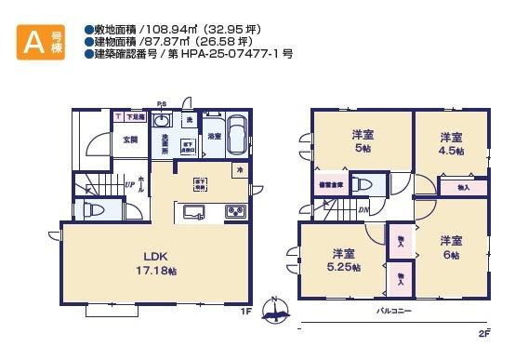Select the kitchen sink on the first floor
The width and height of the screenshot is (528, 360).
[196, 212]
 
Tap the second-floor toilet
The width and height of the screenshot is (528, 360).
[364, 183]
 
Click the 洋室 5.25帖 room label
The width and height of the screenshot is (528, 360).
[344, 260]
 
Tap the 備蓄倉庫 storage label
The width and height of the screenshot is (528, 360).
[329, 184]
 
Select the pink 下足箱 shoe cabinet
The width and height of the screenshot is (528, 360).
[133, 118]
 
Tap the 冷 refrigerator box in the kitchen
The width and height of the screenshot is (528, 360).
[240, 170]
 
